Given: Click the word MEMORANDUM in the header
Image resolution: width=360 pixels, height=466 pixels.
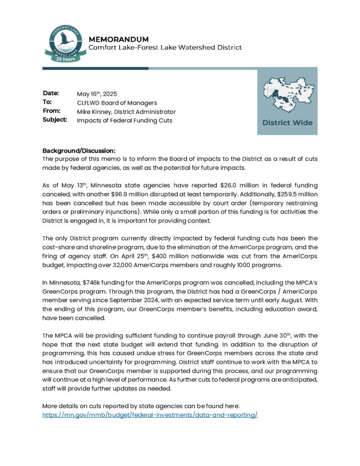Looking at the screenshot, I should coord(119,39).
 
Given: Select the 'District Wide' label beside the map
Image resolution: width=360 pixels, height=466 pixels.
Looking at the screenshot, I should coord(287,122).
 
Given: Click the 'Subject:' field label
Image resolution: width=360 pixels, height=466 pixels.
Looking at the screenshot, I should coord(55,120).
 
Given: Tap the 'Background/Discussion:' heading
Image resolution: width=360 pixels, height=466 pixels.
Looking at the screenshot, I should coord(79,151).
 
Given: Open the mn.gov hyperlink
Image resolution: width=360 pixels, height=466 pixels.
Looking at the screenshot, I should coord(150,415).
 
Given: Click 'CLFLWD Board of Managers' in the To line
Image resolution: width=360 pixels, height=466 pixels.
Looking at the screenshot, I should coord(117,103).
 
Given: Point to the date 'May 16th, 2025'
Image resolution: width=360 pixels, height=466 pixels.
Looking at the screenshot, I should coord(97,94).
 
